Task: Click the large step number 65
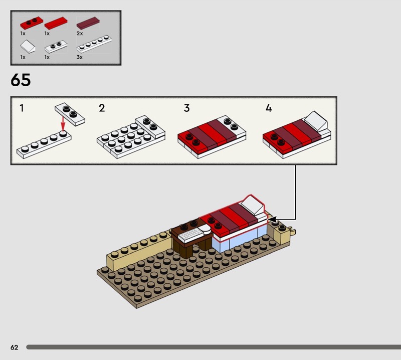(21, 80)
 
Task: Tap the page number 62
(15, 347)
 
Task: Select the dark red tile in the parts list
(88, 23)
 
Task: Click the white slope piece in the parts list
(28, 46)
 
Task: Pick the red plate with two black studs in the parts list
(32, 23)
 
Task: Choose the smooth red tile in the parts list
(56, 23)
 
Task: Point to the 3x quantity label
(80, 57)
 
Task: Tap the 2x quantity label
(80, 33)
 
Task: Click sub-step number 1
(22, 108)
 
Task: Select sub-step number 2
(102, 108)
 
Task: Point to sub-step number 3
(186, 108)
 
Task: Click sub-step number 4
(269, 108)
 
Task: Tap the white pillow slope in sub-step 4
(316, 120)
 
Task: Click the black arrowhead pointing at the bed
(272, 220)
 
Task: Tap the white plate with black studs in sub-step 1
(70, 114)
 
